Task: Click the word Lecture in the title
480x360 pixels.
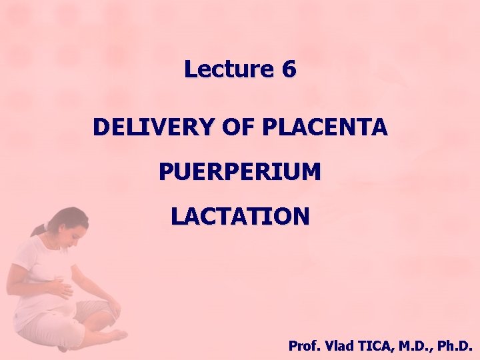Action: tap(228, 69)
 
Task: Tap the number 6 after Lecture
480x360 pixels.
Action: tap(289, 69)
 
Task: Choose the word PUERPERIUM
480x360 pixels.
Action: tap(239, 172)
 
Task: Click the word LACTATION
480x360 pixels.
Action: tap(239, 217)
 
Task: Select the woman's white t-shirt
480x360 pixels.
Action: tap(37, 267)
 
